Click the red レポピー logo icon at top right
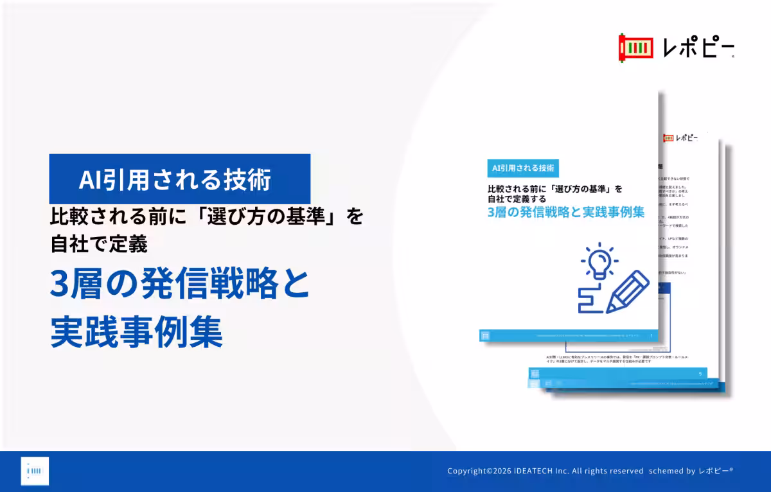[632, 48]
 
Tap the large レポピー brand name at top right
[698, 48]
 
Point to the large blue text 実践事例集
[136, 333]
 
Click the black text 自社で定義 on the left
[99, 244]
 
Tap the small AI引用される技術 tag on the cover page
[522, 168]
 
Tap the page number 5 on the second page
[700, 374]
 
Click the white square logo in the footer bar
[35, 471]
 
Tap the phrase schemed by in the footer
[672, 471]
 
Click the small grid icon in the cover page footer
[486, 335]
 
